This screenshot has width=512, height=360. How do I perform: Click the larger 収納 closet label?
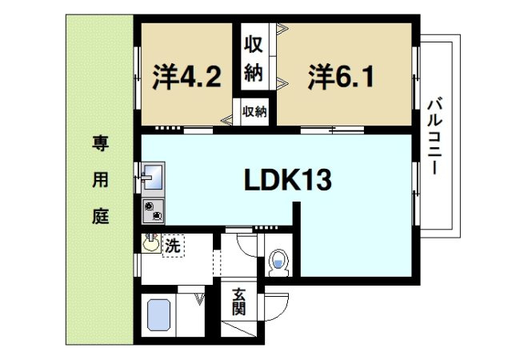click(x=254, y=58)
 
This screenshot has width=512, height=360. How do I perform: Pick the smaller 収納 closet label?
click(x=254, y=110)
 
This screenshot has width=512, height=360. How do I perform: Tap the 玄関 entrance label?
click(x=240, y=302)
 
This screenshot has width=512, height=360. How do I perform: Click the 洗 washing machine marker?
click(x=173, y=246)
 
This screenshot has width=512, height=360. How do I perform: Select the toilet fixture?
click(x=278, y=260)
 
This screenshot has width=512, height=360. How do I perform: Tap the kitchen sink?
click(x=153, y=177)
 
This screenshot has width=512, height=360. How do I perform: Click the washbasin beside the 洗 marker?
click(x=150, y=242)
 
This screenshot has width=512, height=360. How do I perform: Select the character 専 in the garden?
click(x=99, y=145)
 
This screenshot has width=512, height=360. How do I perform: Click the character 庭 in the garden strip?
click(x=99, y=217)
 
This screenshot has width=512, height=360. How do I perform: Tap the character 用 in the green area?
click(x=99, y=181)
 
